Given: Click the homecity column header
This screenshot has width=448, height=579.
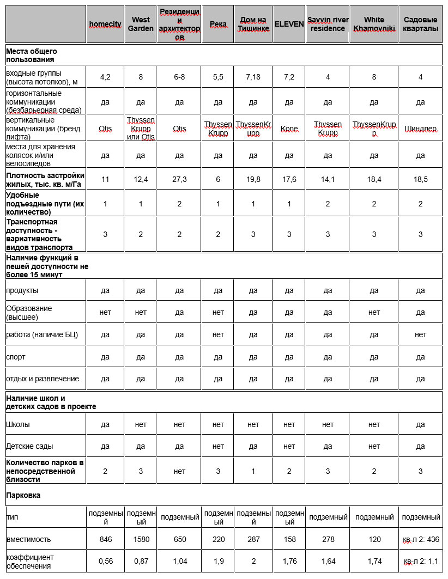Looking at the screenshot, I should tap(105, 25).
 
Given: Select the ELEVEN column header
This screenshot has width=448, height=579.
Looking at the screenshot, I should tap(289, 25).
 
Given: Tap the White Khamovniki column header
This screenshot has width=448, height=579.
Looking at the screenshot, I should tap(374, 25).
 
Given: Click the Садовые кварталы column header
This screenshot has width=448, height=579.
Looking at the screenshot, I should tap(420, 25).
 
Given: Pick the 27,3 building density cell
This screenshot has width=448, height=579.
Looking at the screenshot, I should tap(179, 179).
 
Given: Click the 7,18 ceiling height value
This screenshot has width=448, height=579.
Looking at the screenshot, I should tap(253, 77).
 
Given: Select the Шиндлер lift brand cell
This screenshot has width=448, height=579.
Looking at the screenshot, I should tap(420, 129).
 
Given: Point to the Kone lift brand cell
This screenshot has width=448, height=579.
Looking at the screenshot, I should tap(289, 129).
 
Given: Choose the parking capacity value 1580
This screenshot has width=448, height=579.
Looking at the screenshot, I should tap(141, 539).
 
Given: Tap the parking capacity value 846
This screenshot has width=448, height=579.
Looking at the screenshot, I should tap(105, 539).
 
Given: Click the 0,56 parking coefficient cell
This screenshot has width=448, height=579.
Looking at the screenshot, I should tap(105, 561).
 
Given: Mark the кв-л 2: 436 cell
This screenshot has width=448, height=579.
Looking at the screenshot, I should tap(420, 539).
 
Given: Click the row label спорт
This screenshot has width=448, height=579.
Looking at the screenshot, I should tap(16, 357).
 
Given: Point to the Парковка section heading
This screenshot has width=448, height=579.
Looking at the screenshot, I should tap(23, 496).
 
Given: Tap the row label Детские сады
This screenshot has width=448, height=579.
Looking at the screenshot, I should tap(29, 446).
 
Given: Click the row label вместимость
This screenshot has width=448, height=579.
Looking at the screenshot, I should tap(28, 539).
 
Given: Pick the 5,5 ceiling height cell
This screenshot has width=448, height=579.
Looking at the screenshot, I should tap(218, 77).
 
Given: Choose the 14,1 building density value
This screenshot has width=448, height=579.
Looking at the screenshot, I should tap(328, 179).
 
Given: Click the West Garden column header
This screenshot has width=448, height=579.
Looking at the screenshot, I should tap(141, 25).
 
